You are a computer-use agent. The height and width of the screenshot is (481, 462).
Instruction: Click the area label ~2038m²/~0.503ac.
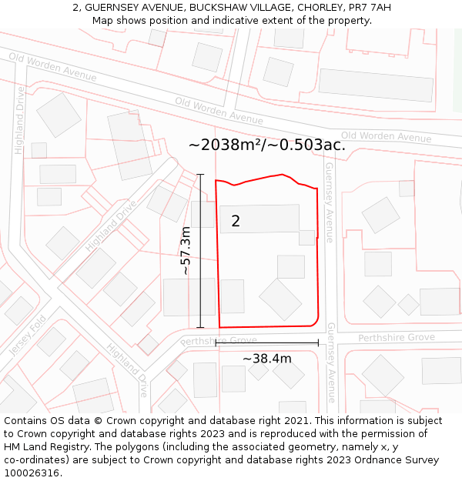[266, 145]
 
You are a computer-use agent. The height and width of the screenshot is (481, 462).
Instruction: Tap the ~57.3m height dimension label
[186, 251]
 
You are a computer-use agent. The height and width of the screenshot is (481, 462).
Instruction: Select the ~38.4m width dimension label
[267, 359]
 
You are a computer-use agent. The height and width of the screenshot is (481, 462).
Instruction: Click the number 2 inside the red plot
[236, 222]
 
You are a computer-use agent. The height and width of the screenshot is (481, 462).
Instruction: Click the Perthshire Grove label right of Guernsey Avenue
[397, 337]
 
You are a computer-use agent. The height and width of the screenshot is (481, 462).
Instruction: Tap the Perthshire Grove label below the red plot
[219, 340]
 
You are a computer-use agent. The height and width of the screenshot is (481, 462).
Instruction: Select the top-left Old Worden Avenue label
[52, 66]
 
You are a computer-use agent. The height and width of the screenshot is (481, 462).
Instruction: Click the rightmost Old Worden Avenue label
[386, 136]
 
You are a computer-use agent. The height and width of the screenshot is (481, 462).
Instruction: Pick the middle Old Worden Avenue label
[219, 110]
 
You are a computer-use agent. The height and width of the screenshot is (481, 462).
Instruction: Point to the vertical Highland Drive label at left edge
[20, 120]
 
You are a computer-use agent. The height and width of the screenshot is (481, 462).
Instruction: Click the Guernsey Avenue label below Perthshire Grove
[331, 362]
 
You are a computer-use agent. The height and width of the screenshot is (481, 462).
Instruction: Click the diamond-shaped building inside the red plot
[280, 299]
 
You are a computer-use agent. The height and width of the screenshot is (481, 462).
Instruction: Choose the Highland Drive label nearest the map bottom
[128, 369]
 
